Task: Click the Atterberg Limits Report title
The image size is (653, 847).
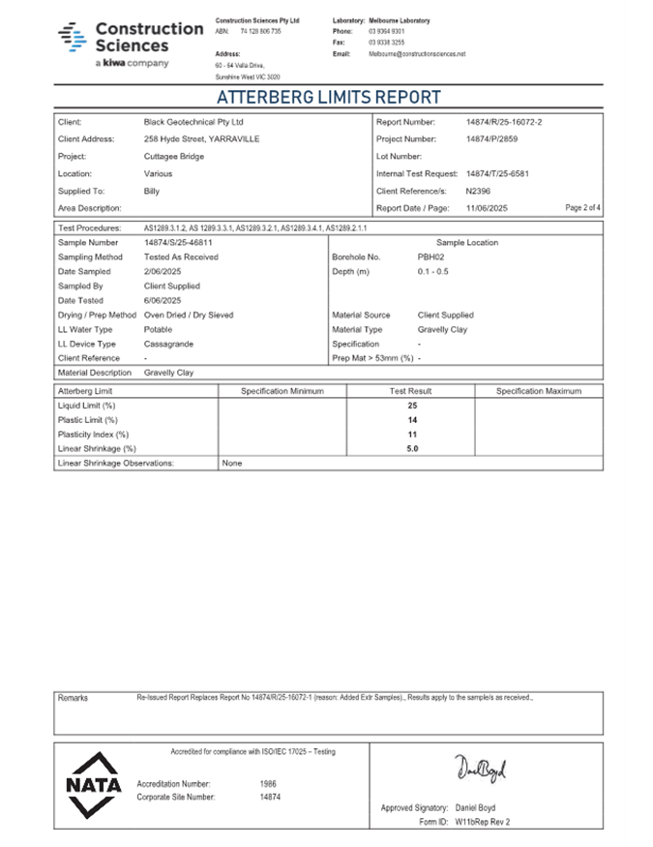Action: (328, 97)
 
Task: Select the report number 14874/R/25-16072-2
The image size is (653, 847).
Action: (504, 123)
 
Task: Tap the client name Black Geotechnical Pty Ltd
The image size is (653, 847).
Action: (193, 123)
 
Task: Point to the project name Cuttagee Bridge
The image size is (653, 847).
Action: (174, 157)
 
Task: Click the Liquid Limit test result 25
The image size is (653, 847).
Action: (411, 406)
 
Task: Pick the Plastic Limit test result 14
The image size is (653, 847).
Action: (411, 420)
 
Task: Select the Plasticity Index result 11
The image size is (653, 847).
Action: (411, 435)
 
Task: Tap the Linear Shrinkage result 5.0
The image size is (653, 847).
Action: (411, 449)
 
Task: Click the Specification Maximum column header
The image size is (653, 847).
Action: (539, 391)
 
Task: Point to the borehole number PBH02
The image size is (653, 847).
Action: (430, 257)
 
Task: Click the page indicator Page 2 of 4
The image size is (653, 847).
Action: (583, 208)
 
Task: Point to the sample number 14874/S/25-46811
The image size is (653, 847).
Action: (178, 243)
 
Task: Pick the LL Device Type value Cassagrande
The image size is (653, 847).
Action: (168, 344)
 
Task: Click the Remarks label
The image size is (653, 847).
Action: (73, 698)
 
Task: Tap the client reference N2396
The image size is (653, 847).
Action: (479, 191)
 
